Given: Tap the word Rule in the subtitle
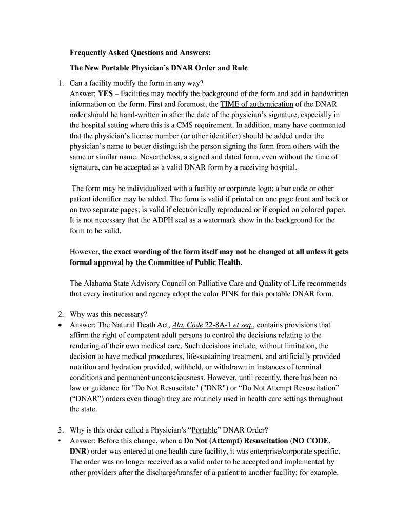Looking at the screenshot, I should (239, 68).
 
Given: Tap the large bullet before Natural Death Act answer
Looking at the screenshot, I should (60, 325).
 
